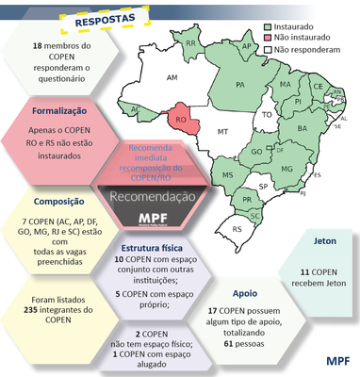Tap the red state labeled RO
pos(180,120)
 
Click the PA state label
pos(239,84)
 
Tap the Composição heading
pos(58,201)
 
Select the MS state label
pos(228,175)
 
